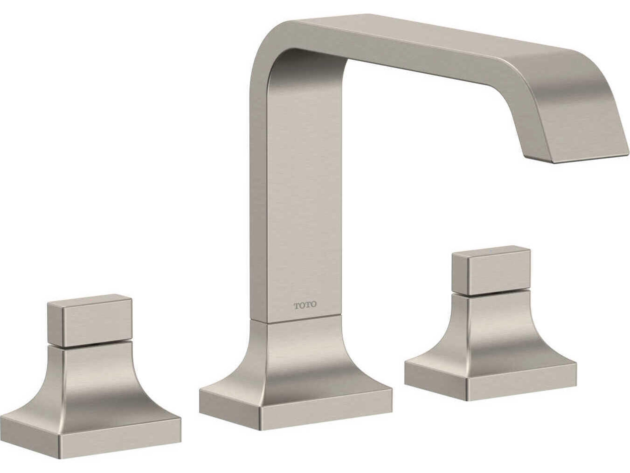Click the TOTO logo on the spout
[305, 305]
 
